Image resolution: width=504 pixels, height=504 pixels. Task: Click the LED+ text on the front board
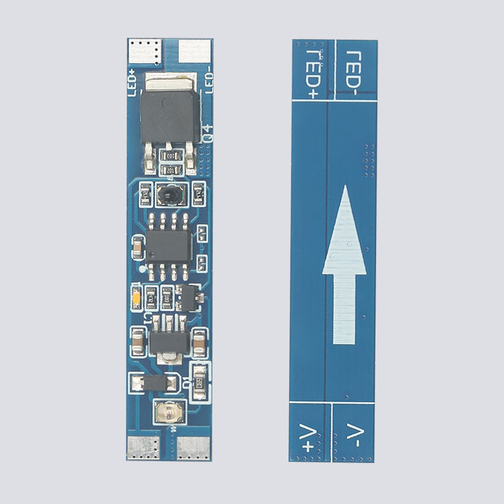pos(132,83)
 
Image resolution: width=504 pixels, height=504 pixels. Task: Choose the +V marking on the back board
pos(310,437)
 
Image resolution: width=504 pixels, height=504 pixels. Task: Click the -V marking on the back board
pos(354,435)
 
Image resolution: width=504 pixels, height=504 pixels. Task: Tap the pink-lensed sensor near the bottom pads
pos(169,413)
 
